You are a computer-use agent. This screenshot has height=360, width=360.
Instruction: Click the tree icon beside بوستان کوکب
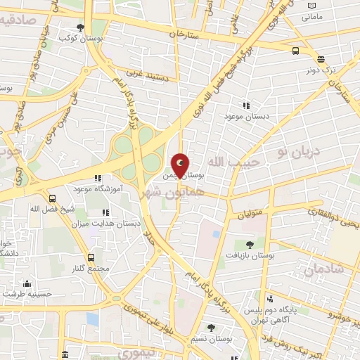coord(81,27)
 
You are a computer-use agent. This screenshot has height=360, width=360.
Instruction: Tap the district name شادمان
coord(324,269)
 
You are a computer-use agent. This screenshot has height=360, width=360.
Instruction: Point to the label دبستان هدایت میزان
coord(107,222)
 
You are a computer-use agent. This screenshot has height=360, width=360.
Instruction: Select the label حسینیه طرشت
coord(28,294)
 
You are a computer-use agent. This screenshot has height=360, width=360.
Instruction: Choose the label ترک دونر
coord(322,70)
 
